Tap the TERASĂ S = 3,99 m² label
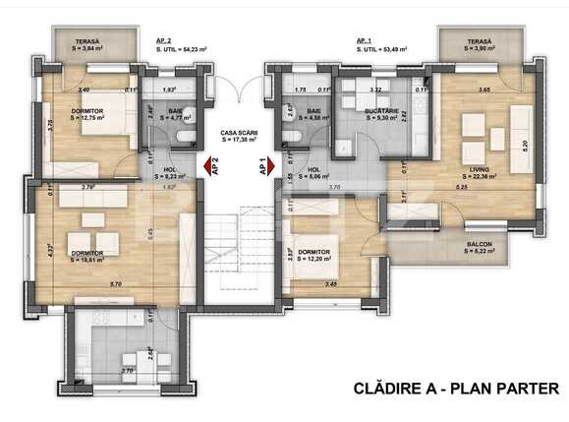point(484,45)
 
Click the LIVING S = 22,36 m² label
point(479,174)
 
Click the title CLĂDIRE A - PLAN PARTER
point(456,390)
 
